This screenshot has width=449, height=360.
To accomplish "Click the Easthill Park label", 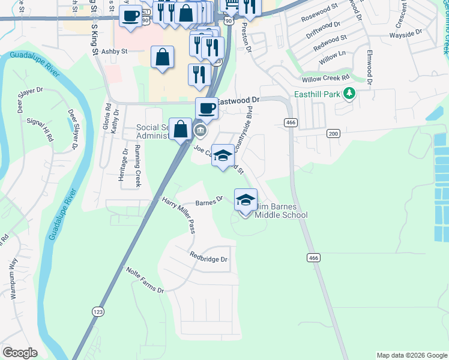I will [x=317, y=94].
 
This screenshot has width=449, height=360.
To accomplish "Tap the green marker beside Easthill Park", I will [x=348, y=94].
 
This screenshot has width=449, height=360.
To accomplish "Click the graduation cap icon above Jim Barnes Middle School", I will [x=245, y=200].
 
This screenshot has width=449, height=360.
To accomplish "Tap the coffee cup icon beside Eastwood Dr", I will [x=206, y=108].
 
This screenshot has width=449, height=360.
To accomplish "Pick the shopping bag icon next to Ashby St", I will [x=162, y=58].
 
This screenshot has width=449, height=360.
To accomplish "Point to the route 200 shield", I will [x=333, y=133].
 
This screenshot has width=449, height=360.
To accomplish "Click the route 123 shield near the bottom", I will [x=98, y=311].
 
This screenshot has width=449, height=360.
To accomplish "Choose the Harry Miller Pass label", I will [x=179, y=214].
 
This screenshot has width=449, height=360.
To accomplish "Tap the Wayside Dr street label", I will [x=410, y=35].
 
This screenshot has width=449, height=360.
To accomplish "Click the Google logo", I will [x=20, y=353].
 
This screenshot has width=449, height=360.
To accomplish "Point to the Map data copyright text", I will [x=411, y=355].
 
